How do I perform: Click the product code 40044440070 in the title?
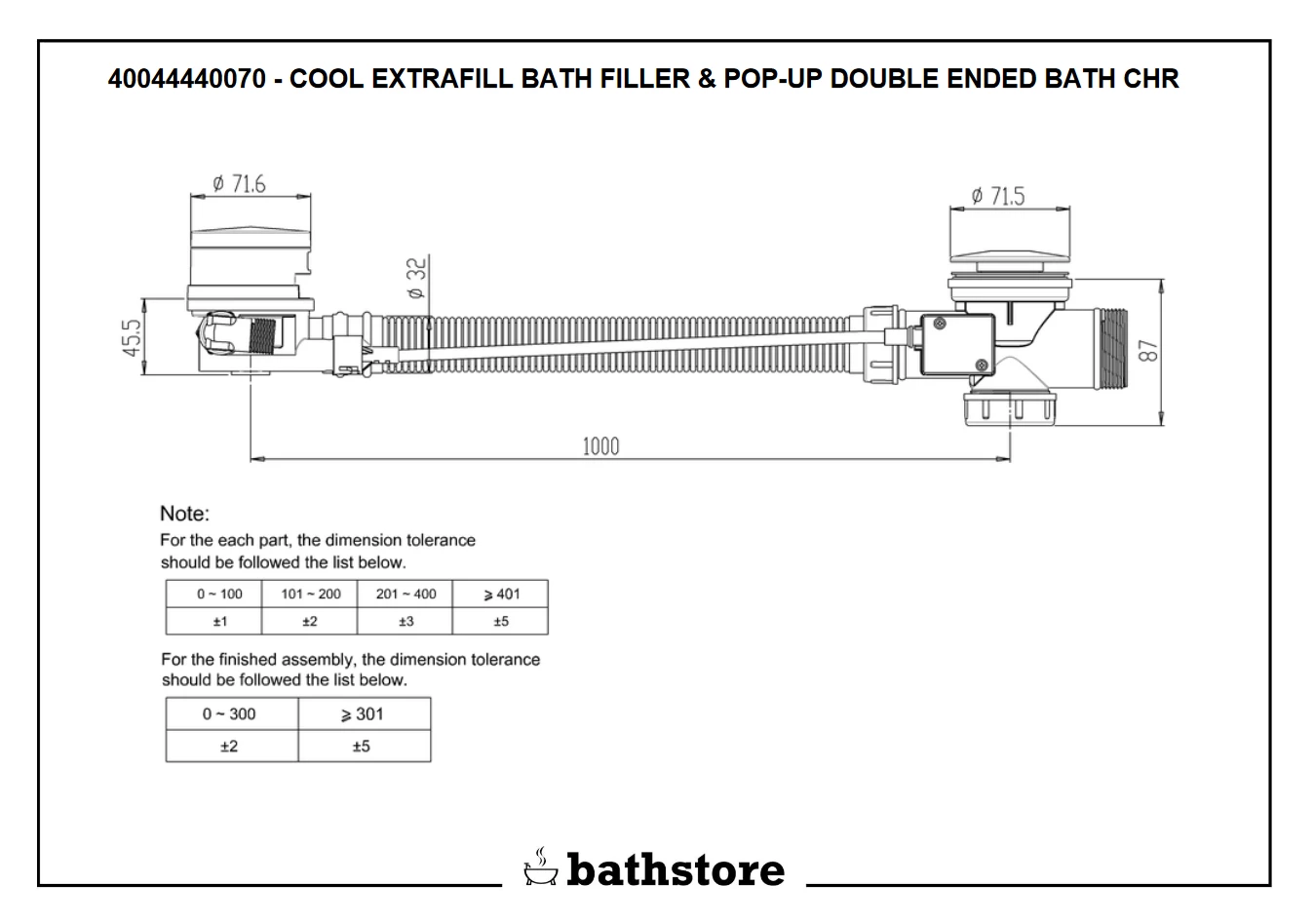tap(185, 79)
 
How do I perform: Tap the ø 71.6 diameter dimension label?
tap(239, 184)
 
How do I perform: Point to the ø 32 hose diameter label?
tap(416, 279)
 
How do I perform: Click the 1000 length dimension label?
tap(600, 446)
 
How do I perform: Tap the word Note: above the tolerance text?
tap(184, 514)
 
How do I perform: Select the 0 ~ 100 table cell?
tap(219, 594)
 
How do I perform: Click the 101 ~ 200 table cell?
tap(311, 594)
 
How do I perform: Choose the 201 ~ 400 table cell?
tap(406, 594)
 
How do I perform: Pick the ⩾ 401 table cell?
tap(501, 594)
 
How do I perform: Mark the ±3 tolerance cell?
tap(406, 622)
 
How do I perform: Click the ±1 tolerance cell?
tap(219, 622)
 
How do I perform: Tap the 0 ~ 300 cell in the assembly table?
tap(229, 714)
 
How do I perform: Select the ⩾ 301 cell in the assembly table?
tap(362, 714)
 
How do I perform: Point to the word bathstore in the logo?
tap(675, 869)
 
